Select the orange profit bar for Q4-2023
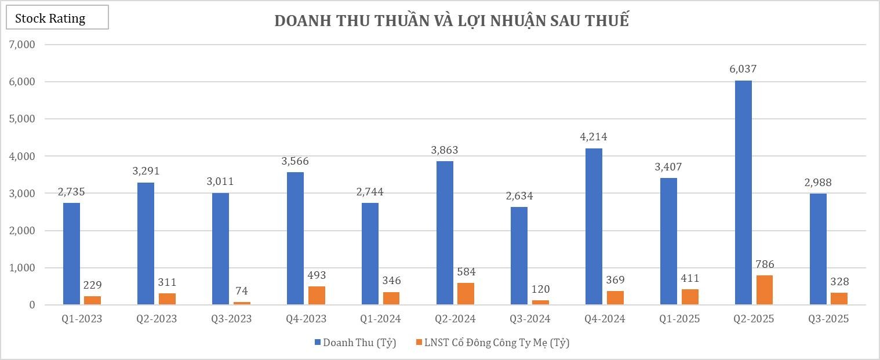pos(317,295)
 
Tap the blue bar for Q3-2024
pos(519,256)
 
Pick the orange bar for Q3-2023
pos(242,303)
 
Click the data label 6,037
pos(743,69)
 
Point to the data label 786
pos(765,264)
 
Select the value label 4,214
pos(594,137)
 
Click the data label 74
pos(242,290)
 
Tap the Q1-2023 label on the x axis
pos(82,319)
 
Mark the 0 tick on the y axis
pos(32,305)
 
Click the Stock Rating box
pos(57,18)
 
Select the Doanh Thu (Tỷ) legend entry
pos(355,343)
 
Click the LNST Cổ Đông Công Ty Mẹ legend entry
pos(493,343)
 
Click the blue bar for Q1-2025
pos(668,241)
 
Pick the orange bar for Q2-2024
pos(466,293)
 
